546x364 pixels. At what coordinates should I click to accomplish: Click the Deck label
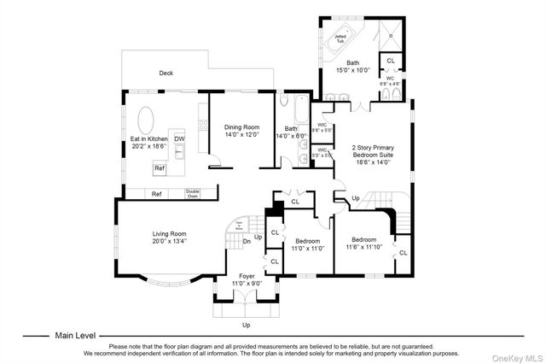click(166, 73)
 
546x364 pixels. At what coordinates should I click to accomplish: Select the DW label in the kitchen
click(179, 138)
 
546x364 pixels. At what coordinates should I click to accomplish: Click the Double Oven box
click(193, 193)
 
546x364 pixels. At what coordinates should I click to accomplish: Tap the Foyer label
click(247, 276)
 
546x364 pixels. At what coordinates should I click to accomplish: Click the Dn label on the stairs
click(247, 241)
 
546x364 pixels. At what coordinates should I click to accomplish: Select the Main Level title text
click(76, 336)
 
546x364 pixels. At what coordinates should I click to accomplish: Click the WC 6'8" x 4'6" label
click(390, 81)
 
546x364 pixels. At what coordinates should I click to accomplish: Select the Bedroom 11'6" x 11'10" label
click(363, 243)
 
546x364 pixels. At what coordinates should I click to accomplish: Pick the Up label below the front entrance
click(247, 325)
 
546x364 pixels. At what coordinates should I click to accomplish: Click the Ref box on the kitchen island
click(160, 168)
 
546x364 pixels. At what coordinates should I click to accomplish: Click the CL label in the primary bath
click(390, 61)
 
